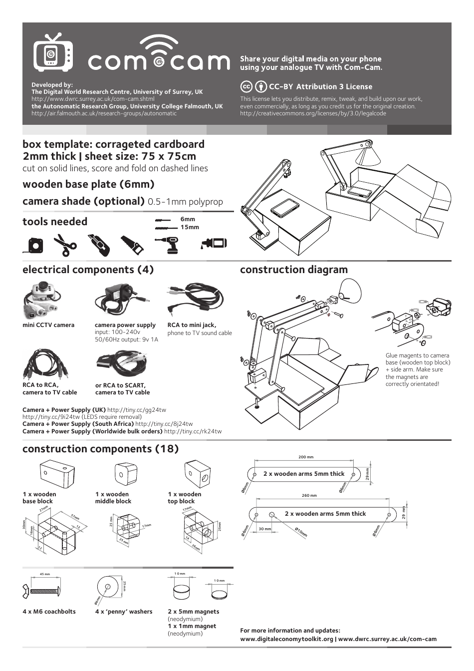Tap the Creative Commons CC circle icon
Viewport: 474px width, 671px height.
click(x=246, y=87)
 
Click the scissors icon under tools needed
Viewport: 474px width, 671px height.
click(x=65, y=244)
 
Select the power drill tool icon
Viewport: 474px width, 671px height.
click(x=168, y=244)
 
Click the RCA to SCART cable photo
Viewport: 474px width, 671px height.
click(x=122, y=363)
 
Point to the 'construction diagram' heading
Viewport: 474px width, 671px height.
click(x=293, y=270)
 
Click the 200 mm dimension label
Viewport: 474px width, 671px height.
click(x=306, y=457)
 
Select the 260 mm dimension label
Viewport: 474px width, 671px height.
click(x=309, y=496)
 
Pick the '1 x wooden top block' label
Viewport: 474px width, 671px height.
click(x=185, y=498)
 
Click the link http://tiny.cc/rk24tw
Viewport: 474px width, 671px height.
click(x=193, y=431)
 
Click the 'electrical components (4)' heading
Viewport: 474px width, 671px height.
click(x=88, y=270)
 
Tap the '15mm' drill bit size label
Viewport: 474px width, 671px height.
click(x=190, y=227)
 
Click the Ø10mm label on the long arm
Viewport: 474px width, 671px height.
click(x=300, y=532)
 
